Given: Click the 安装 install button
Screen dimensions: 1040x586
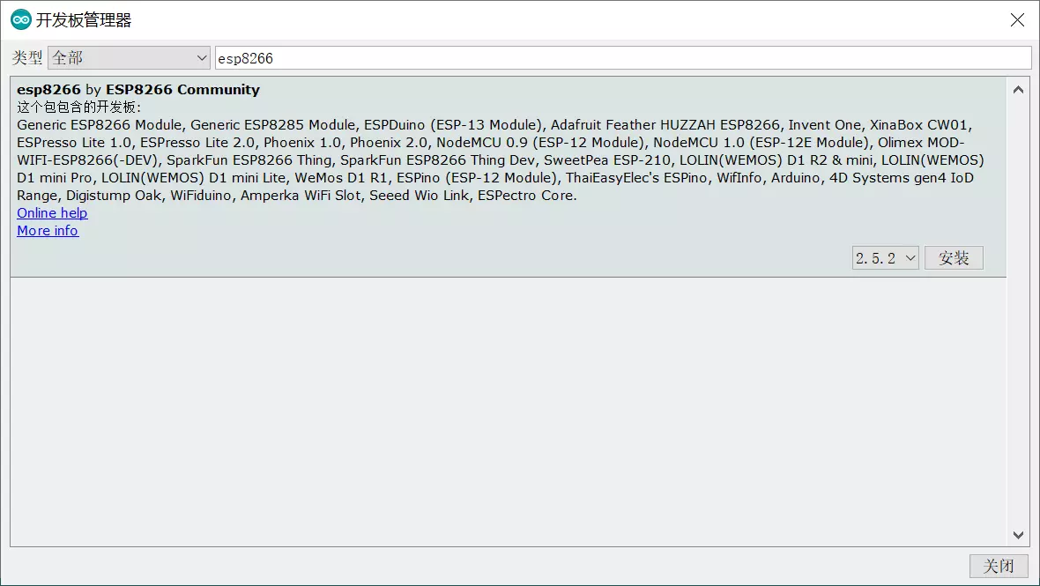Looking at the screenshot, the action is pos(954,258).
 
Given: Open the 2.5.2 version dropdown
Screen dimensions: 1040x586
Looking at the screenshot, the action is pos(885,258).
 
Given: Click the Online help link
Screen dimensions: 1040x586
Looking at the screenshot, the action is pos(52,213).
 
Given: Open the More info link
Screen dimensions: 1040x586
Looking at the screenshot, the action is pos(48,231).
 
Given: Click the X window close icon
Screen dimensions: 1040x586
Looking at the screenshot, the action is pos(1017,19).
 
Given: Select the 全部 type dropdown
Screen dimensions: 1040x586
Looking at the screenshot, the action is pos(129,58).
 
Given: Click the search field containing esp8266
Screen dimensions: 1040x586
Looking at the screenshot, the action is pos(623,58).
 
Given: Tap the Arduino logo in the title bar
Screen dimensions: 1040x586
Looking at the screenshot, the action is pos(20,19).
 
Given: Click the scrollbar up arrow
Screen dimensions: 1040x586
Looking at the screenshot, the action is pos(1018,89).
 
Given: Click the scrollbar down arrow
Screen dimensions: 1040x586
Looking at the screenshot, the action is pos(1018,535).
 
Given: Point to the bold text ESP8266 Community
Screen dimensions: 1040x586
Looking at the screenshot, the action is pos(182,90).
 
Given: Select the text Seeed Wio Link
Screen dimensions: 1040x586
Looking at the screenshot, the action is pos(419,196).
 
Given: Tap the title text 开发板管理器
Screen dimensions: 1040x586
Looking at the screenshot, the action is pos(84,19).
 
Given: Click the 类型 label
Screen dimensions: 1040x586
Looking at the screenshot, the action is pos(26,58).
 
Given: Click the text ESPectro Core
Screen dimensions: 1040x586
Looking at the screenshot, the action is pos(527,196).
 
